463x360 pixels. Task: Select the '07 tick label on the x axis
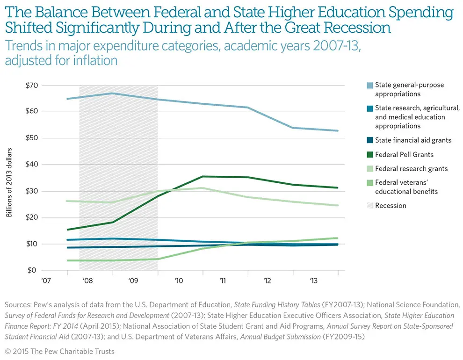[46, 281]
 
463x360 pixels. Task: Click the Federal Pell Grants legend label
[404, 154]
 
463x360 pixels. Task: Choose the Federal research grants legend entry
[411, 168]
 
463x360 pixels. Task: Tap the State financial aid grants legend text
[412, 140]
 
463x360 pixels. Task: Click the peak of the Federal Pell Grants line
[203, 176]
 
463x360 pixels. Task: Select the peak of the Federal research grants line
[203, 188]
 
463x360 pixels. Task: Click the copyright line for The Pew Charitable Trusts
[59, 351]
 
